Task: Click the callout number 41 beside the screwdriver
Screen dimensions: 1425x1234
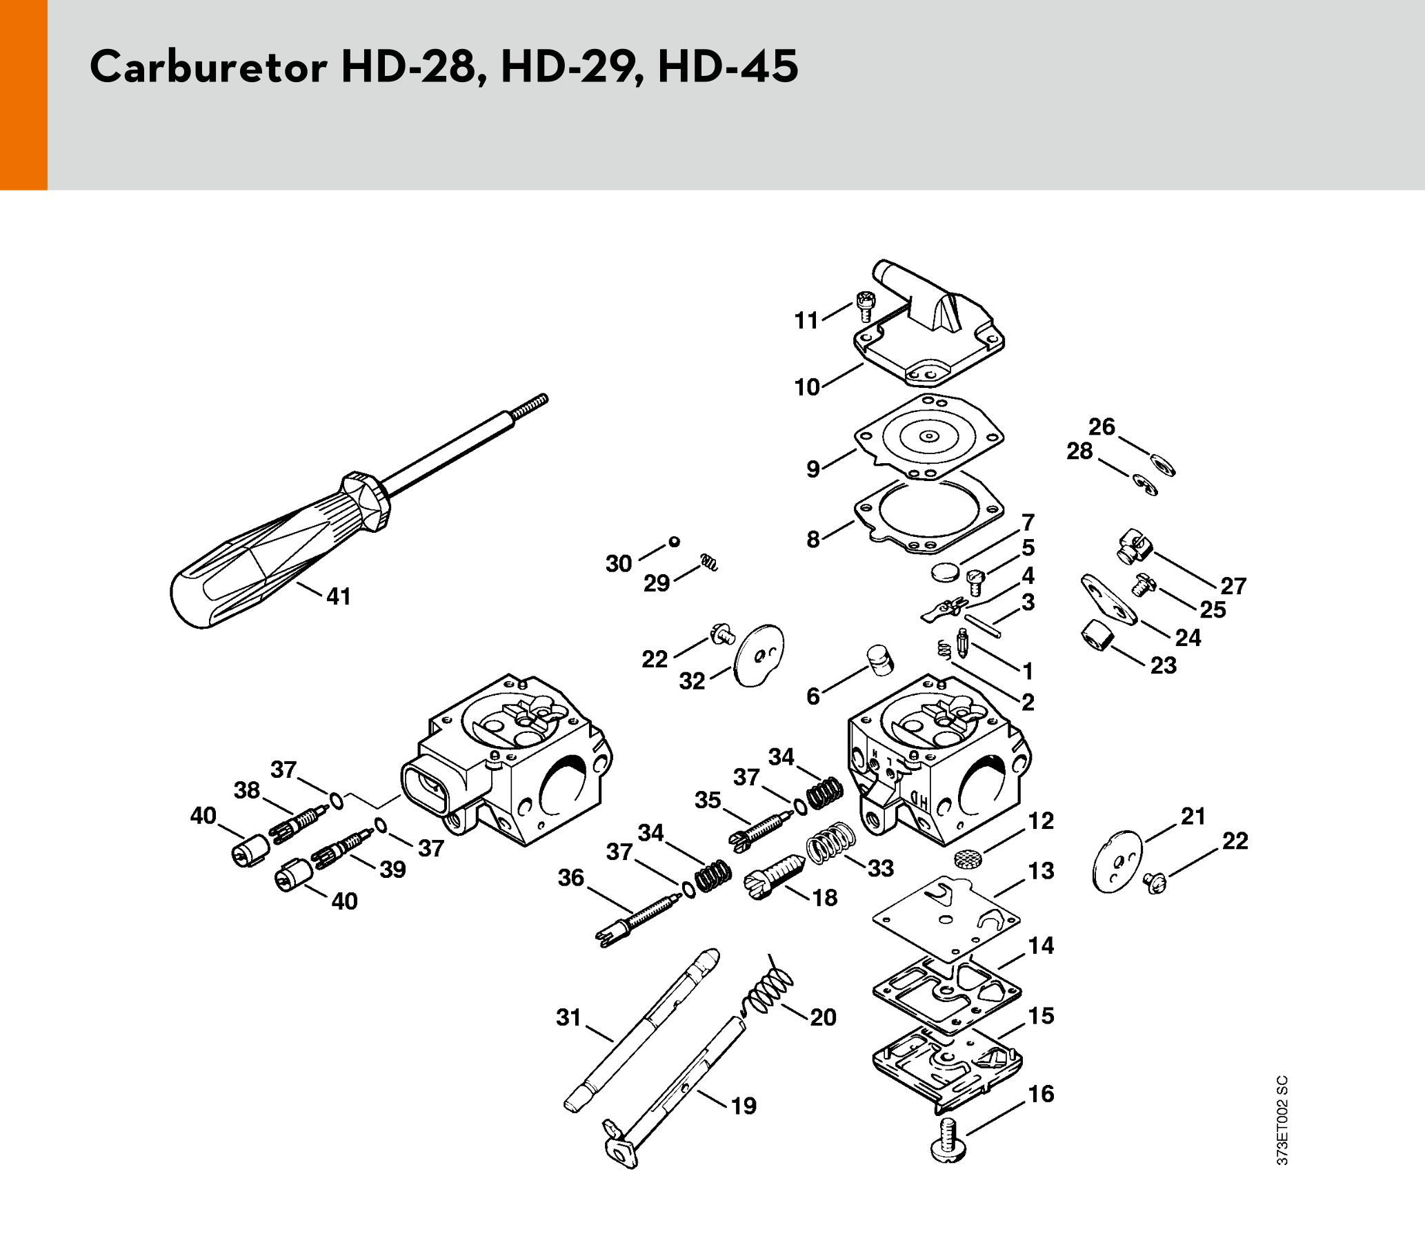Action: coord(339,596)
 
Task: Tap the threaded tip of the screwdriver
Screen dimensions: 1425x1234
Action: coord(531,404)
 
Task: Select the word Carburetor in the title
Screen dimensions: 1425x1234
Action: coord(208,66)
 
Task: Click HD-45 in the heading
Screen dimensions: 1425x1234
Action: coord(728,66)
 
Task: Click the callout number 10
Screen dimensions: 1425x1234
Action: coord(807,386)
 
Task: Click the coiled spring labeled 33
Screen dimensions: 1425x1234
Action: coord(830,843)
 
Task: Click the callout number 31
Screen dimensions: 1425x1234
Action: coord(569,1017)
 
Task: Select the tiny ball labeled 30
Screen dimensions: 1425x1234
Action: coord(675,542)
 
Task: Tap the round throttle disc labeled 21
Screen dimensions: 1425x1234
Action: coord(1117,861)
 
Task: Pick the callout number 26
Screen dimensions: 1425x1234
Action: coord(1102,427)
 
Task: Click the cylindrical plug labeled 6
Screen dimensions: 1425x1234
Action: coord(880,660)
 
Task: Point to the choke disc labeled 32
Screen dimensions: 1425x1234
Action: coord(759,656)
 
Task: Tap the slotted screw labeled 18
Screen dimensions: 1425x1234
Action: coord(775,876)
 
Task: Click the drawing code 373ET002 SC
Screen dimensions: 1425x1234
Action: coord(1282,1120)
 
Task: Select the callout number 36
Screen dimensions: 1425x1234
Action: coord(571,877)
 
